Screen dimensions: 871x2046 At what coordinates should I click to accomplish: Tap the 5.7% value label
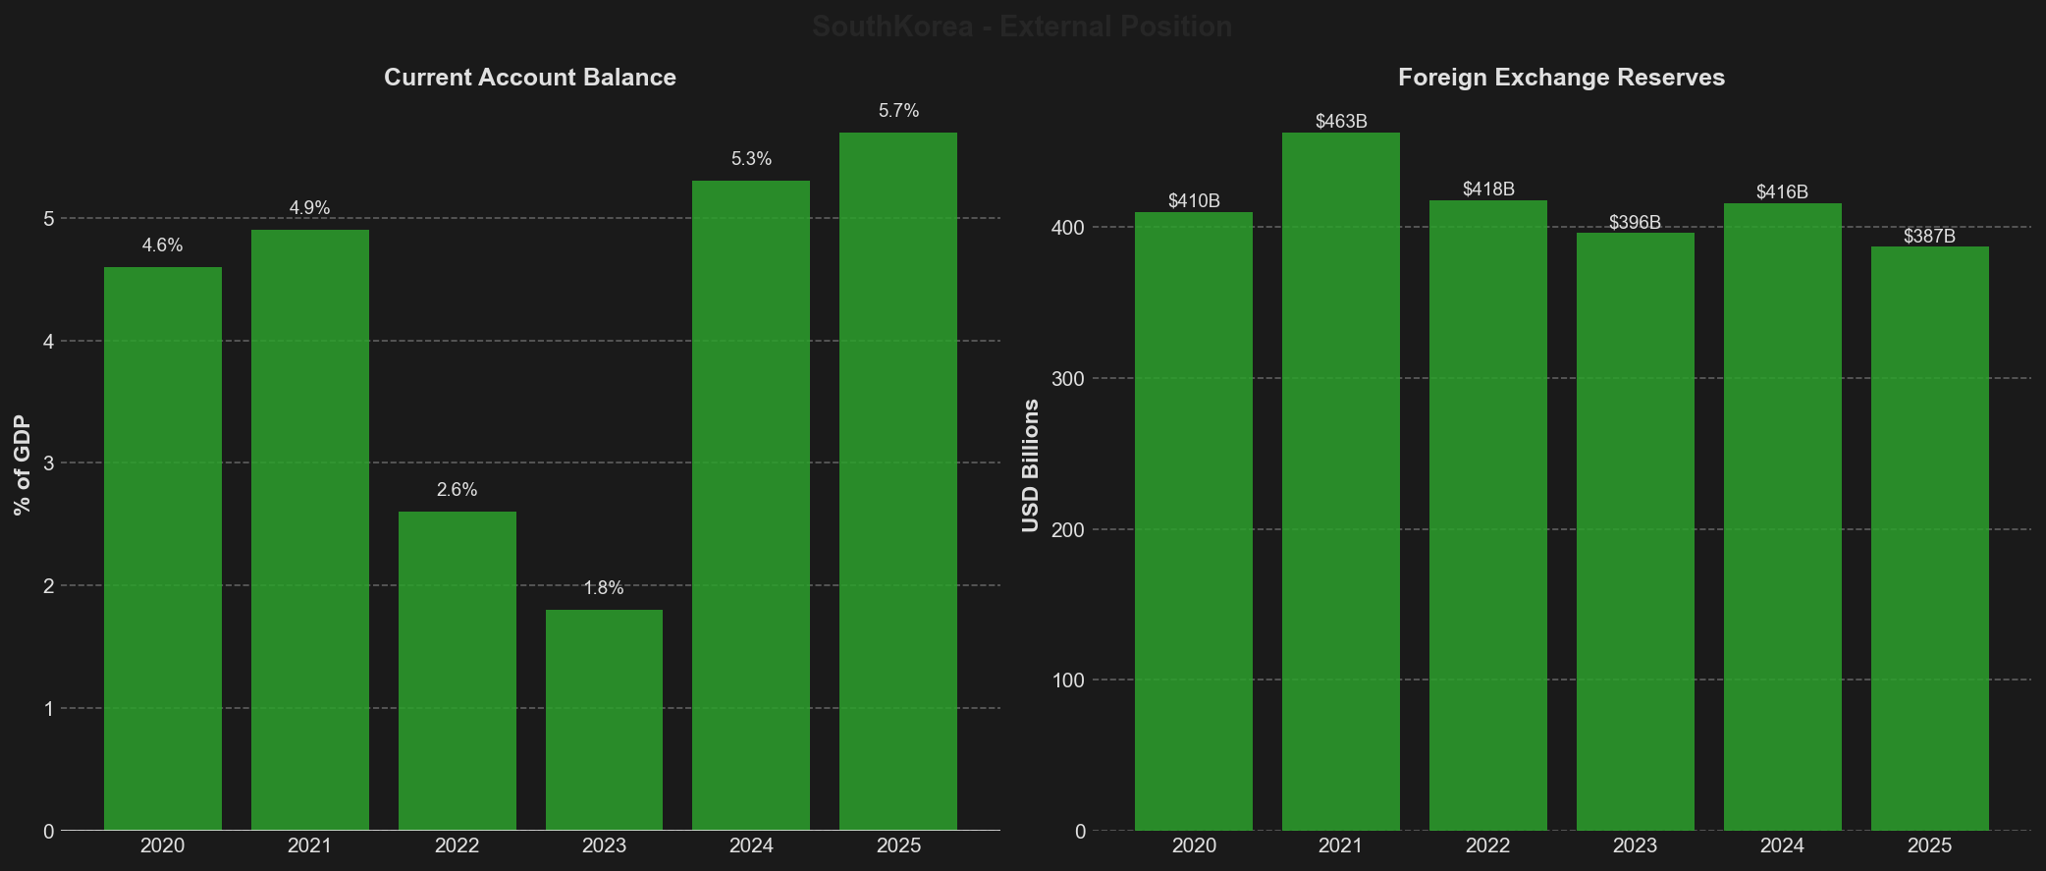[x=898, y=111]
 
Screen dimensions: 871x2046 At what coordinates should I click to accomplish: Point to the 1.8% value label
[x=604, y=588]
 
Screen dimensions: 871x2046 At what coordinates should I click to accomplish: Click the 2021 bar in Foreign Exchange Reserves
[x=1340, y=481]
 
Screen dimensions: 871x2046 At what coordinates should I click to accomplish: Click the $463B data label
[x=1341, y=122]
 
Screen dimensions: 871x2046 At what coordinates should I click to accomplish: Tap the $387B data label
[x=1929, y=237]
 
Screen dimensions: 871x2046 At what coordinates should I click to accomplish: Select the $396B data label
[x=1635, y=223]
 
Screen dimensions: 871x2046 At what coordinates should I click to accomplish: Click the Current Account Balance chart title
[x=530, y=78]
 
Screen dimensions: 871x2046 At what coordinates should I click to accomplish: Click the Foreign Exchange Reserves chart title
[x=1561, y=78]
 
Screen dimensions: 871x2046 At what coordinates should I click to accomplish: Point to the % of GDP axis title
[x=23, y=465]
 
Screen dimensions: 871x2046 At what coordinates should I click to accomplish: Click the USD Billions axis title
[x=1030, y=465]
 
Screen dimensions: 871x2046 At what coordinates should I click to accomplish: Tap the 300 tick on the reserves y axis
[x=1068, y=379]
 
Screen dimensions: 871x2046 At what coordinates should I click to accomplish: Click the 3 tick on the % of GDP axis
[x=49, y=463]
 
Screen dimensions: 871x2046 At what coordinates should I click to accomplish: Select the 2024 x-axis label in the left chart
[x=751, y=845]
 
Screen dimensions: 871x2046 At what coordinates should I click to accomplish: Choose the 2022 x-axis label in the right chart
[x=1487, y=845]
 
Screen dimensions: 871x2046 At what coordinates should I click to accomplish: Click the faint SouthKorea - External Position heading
[x=1022, y=27]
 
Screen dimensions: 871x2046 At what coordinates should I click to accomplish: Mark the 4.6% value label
[x=162, y=245]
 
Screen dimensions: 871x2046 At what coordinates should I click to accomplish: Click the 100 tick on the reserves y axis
[x=1068, y=680]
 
